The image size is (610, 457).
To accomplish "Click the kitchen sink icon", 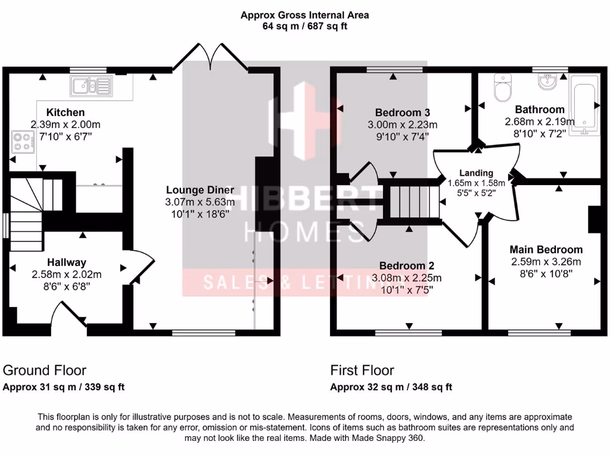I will coord(91,86).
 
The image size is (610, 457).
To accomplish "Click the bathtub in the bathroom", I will coord(583,105).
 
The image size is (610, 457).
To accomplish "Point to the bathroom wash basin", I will coord(547,82).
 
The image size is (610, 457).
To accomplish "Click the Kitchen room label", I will coord(66,112).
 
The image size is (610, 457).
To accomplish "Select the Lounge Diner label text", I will coord(200,190).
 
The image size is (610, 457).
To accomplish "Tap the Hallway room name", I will coord(66,262).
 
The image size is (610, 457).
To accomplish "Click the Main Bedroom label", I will coord(546,249).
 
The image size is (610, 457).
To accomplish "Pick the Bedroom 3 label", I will coord(402,112).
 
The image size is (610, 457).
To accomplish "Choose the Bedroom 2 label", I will coord(407,265).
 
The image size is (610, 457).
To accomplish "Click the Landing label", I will coord(476,173).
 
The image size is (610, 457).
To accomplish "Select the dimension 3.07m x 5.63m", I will coord(200,202).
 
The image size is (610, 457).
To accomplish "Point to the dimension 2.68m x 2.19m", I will coord(540,122).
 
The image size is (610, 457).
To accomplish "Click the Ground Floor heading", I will coord(45,371).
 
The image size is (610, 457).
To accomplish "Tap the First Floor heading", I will coord(362,371).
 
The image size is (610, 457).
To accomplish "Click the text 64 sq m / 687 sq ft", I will coord(304,26).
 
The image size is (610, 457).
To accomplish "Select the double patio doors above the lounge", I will coord(210,57).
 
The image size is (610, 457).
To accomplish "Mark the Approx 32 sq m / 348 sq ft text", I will coord(391,387).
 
